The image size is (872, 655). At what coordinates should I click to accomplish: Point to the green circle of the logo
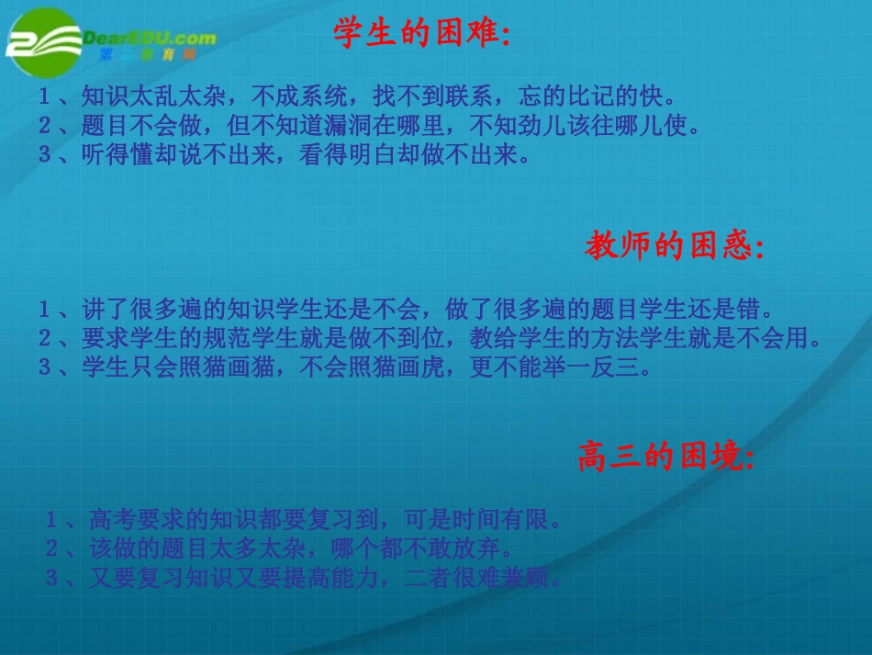41,41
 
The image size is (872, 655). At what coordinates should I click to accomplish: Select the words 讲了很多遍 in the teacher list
135,307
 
